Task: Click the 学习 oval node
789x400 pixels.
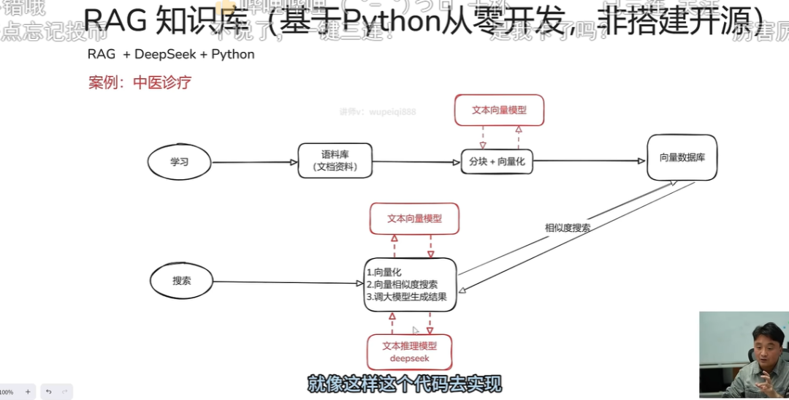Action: coord(179,162)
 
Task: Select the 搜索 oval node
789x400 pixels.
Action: coord(181,281)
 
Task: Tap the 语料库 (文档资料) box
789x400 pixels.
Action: coord(335,161)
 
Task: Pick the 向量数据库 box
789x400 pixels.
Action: coord(682,157)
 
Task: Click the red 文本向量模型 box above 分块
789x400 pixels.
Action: coord(499,110)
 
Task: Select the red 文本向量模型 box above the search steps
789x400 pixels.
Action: coord(414,219)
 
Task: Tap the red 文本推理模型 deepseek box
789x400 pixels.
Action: coord(409,352)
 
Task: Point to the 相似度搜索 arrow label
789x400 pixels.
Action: coord(568,227)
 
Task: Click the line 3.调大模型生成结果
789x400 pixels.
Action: coord(406,297)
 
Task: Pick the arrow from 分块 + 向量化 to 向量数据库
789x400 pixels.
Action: coord(590,161)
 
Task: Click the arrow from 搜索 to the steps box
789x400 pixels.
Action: coord(289,282)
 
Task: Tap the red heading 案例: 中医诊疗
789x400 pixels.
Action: coord(140,83)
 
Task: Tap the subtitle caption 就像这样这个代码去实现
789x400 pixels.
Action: coord(404,384)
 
